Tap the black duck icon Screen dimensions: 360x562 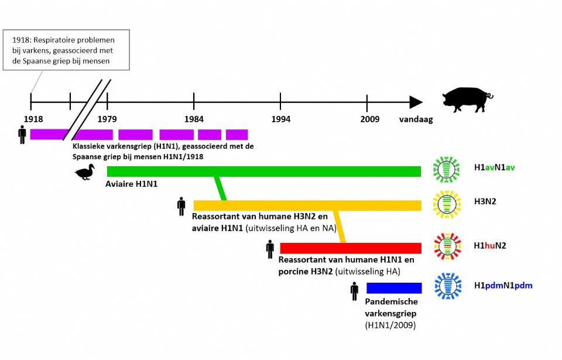(x=85, y=172)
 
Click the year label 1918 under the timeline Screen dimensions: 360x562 (x=33, y=119)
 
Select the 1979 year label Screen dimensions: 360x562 (x=107, y=119)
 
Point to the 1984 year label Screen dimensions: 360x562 (x=194, y=119)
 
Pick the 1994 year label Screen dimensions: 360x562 (x=280, y=119)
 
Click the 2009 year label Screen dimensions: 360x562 (x=369, y=119)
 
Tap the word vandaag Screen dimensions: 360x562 (x=416, y=119)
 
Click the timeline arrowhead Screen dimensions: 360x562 (x=416, y=102)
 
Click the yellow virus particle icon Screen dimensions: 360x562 (x=447, y=204)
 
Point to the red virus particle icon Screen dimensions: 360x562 (x=447, y=246)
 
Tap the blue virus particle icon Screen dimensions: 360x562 (x=447, y=286)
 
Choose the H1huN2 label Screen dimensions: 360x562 (x=490, y=245)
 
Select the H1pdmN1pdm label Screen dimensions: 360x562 (x=503, y=286)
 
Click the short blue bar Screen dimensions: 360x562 (x=394, y=288)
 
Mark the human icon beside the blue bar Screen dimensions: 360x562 (x=354, y=291)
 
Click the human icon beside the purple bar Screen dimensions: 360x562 (x=22, y=135)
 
